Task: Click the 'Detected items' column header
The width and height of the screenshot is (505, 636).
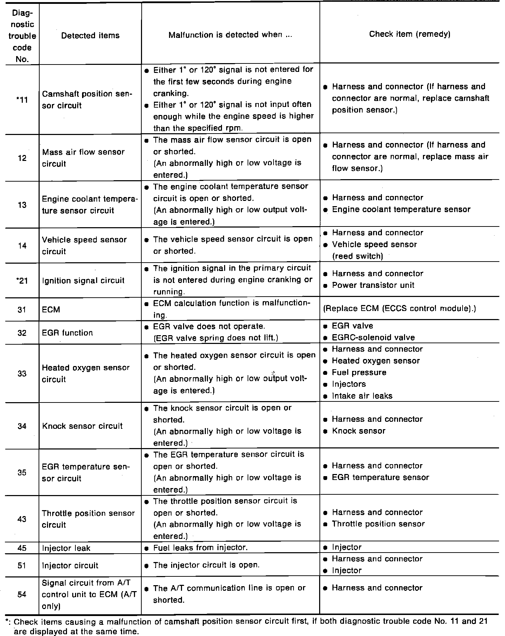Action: click(x=90, y=35)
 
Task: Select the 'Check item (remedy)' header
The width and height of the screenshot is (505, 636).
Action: click(x=410, y=34)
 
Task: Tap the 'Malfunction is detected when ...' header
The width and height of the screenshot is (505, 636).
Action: click(x=230, y=35)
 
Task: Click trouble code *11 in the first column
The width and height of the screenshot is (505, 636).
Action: click(x=22, y=100)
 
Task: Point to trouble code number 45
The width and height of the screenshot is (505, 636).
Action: click(x=22, y=548)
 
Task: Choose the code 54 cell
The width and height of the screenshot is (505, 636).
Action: click(x=22, y=595)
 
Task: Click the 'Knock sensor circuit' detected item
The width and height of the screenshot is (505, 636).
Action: click(x=82, y=426)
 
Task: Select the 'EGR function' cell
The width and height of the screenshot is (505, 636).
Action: click(x=67, y=333)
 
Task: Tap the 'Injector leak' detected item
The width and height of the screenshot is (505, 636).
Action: click(x=66, y=548)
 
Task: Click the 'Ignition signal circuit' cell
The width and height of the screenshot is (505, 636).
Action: click(x=83, y=280)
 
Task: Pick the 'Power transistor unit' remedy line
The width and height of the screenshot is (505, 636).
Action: click(x=373, y=285)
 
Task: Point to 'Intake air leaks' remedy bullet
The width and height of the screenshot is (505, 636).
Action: click(x=362, y=396)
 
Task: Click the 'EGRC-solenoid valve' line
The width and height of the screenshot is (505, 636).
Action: click(x=373, y=338)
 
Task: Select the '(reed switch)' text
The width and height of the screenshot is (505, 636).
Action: click(x=357, y=256)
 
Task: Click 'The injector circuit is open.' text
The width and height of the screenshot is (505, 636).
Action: click(x=206, y=565)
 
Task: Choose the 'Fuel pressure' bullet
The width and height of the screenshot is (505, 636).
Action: click(x=359, y=372)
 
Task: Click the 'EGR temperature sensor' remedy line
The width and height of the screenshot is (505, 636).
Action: click(x=380, y=478)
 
